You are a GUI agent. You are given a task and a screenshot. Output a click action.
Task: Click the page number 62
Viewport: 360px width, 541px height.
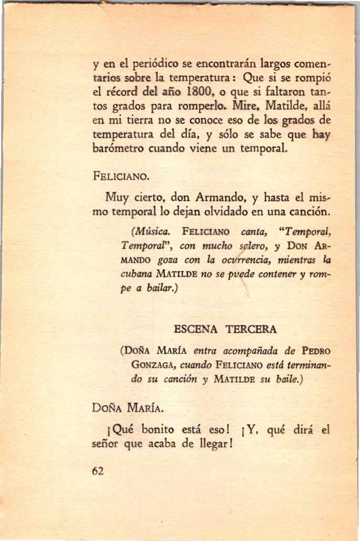pos(97,472)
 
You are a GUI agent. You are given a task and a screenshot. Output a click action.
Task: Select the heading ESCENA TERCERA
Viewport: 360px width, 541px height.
pos(224,330)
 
